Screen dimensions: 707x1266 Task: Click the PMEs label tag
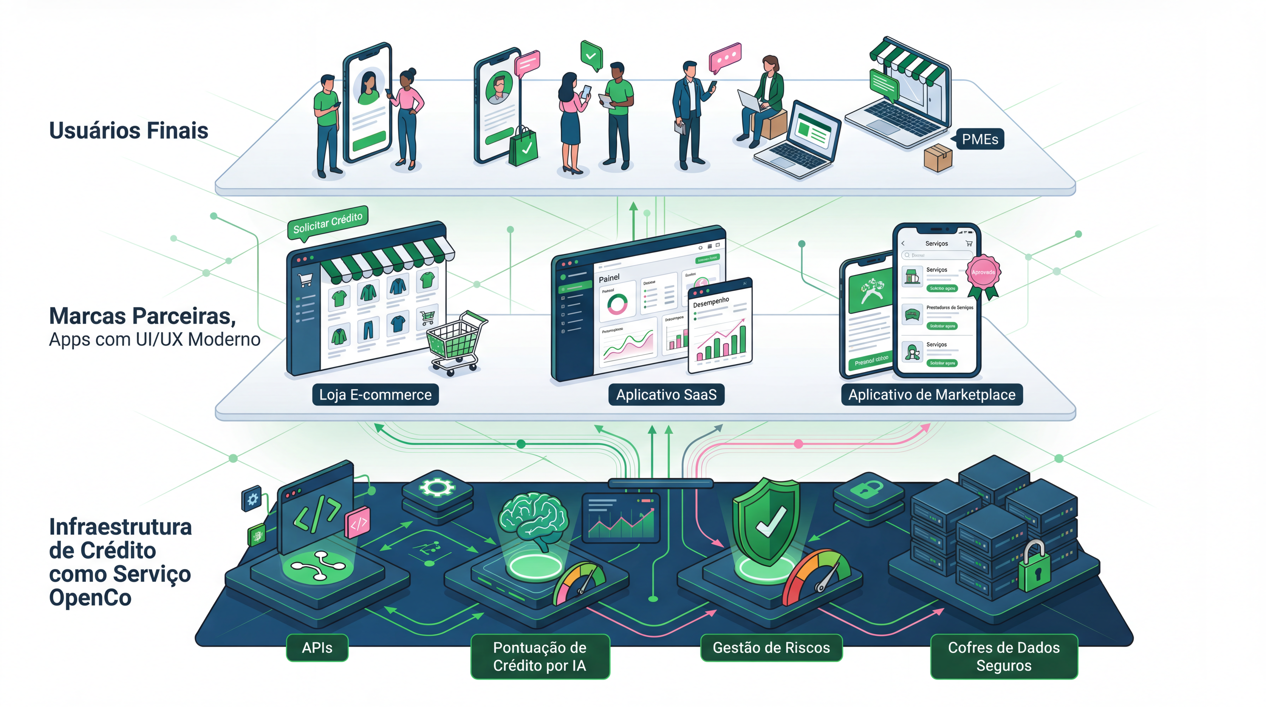(979, 139)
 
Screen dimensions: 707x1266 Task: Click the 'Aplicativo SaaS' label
(666, 395)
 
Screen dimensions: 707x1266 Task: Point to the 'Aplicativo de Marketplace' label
(932, 395)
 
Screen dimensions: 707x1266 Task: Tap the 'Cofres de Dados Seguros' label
(1004, 656)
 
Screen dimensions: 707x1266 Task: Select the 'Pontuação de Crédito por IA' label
(540, 656)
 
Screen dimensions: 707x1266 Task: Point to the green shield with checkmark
(767, 521)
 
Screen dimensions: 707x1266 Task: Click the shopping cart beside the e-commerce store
(456, 342)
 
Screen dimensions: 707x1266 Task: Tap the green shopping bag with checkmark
(524, 147)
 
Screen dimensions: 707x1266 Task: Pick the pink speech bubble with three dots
(725, 58)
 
